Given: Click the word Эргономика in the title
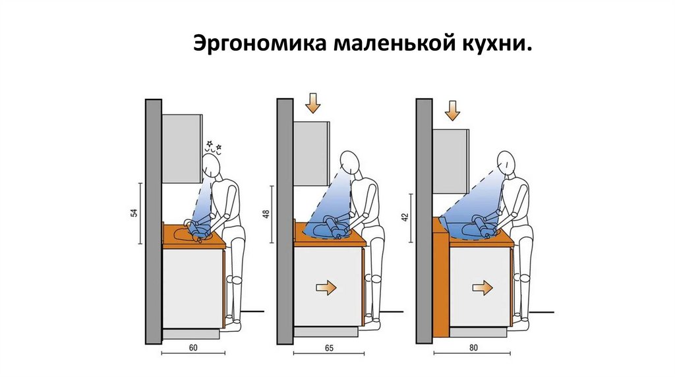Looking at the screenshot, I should (x=261, y=45).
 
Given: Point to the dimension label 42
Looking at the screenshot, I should (x=404, y=217).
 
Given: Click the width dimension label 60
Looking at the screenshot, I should (x=192, y=346).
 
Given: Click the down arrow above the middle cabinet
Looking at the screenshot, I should (x=312, y=104).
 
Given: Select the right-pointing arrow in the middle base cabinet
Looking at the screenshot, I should (x=326, y=287).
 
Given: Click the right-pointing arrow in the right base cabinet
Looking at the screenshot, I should (x=483, y=287).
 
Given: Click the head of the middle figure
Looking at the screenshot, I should (x=350, y=162).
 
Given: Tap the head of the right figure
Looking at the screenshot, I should (x=506, y=161).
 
